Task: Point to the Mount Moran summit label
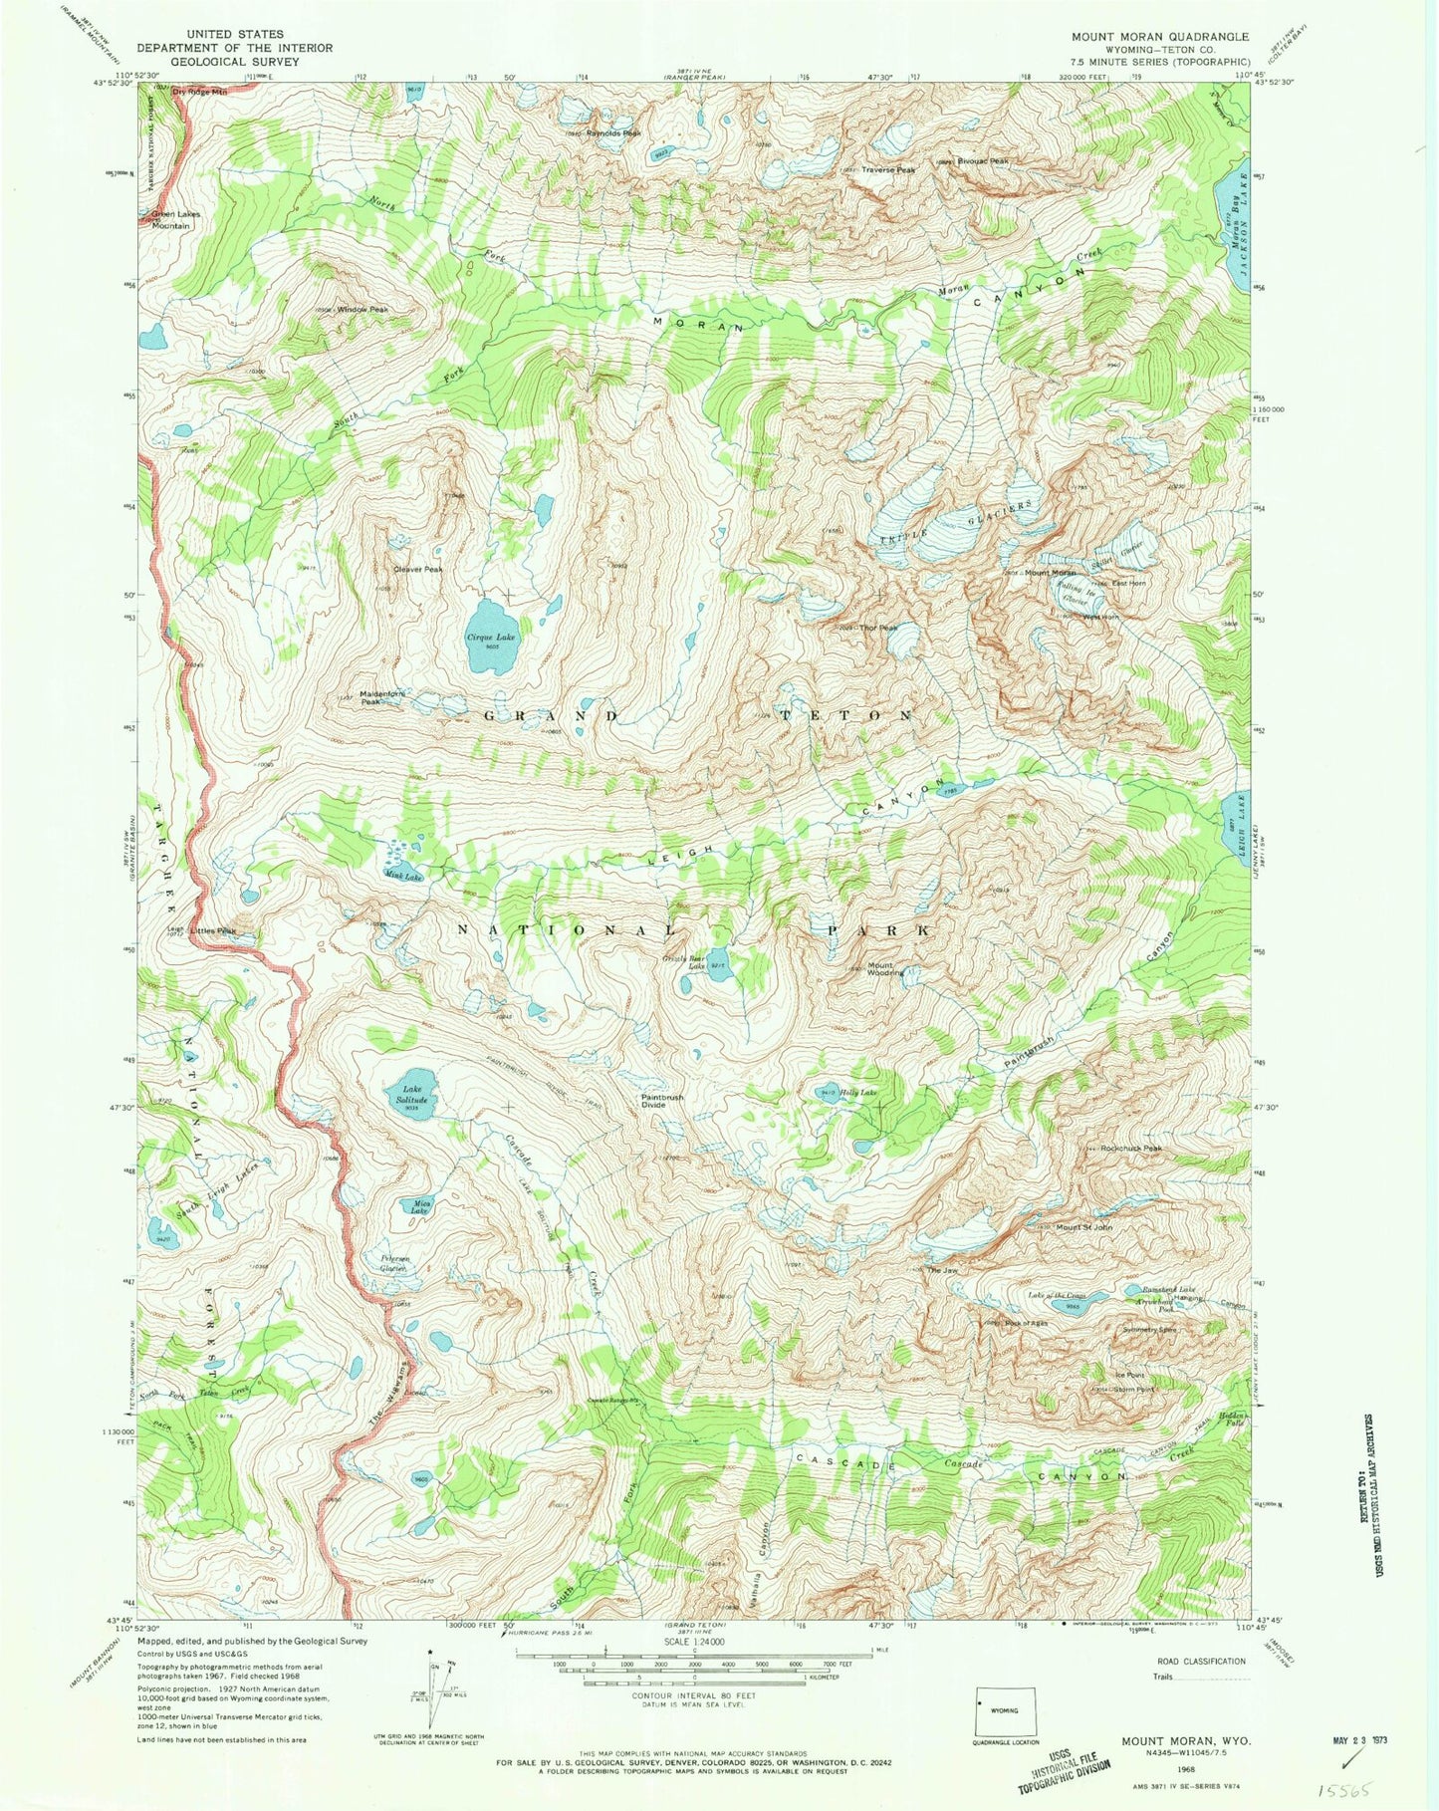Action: click(x=1051, y=573)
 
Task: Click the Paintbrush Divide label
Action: click(x=661, y=1101)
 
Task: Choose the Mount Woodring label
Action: click(x=884, y=968)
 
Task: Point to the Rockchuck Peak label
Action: click(x=1131, y=1149)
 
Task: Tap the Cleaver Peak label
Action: click(x=417, y=570)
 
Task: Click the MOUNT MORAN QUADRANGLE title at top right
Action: click(x=1159, y=37)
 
